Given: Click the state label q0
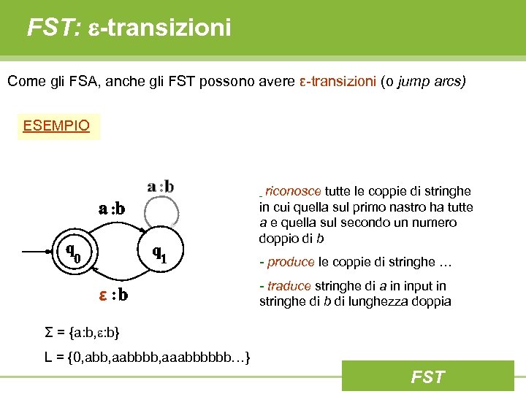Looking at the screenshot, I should click(73, 253).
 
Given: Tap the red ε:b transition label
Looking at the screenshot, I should click(114, 295).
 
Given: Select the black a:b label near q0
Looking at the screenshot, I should click(112, 209).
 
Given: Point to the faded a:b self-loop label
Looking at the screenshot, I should click(161, 186).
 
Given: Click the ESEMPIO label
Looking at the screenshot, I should click(56, 125).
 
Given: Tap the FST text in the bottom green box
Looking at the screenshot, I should click(427, 376).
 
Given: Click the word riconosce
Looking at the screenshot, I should click(293, 191).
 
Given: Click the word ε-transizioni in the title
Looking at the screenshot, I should click(159, 28).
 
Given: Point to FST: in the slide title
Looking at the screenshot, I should click(54, 28).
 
